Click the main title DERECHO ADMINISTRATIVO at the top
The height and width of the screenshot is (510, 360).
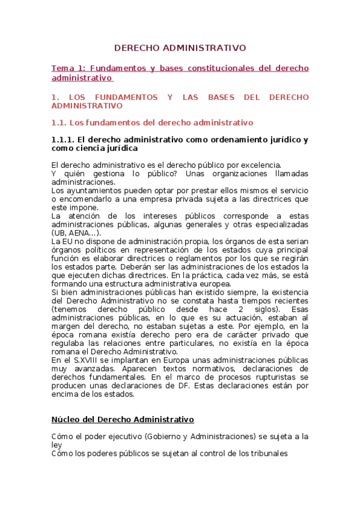click(x=180, y=48)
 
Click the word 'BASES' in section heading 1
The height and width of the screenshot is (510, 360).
click(x=220, y=97)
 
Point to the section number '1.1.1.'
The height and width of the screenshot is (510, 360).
click(x=64, y=140)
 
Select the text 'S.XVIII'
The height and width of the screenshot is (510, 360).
click(x=81, y=359)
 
